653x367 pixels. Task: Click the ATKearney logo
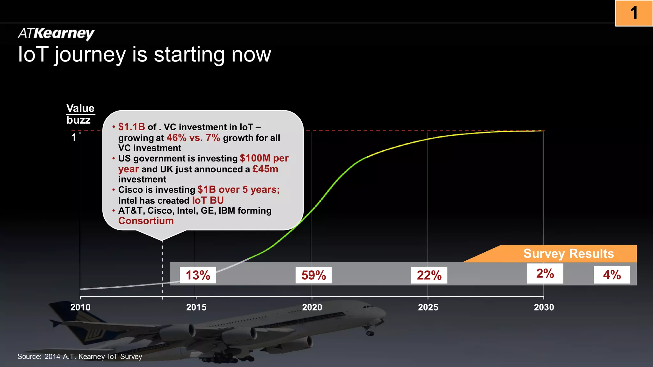pyautogui.click(x=56, y=33)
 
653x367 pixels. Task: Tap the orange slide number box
pyautogui.click(x=634, y=13)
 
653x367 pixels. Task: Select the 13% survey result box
pyautogui.click(x=198, y=275)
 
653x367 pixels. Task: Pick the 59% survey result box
pyautogui.click(x=313, y=275)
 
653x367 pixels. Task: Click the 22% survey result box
pyautogui.click(x=429, y=275)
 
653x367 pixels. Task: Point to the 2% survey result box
pyautogui.click(x=545, y=274)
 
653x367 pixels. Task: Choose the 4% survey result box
pyautogui.click(x=612, y=275)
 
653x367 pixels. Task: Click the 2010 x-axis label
pyautogui.click(x=80, y=307)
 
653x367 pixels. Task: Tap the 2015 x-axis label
pyautogui.click(x=196, y=307)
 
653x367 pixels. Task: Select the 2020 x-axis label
pyautogui.click(x=312, y=307)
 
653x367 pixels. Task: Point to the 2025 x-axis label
pyautogui.click(x=428, y=307)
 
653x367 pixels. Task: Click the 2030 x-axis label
pyautogui.click(x=544, y=307)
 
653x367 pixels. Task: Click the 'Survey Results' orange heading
pyautogui.click(x=569, y=254)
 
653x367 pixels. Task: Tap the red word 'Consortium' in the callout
pyautogui.click(x=146, y=221)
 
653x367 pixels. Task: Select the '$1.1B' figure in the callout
pyautogui.click(x=132, y=127)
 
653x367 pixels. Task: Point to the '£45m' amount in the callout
pyautogui.click(x=265, y=169)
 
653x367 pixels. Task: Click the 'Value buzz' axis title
pyautogui.click(x=80, y=114)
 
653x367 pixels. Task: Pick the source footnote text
pyautogui.click(x=80, y=356)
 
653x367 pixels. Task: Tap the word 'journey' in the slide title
pyautogui.click(x=90, y=55)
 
